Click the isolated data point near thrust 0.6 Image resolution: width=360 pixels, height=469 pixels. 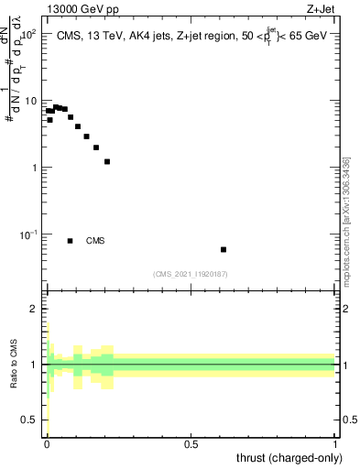(224, 249)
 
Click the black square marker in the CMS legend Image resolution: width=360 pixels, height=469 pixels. (71, 241)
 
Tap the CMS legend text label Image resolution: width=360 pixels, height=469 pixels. (95, 241)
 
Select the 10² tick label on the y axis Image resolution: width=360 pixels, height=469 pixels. (27, 33)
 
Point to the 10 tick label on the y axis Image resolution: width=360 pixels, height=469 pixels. (29, 100)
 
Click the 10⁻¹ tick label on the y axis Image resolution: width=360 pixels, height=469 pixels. (27, 234)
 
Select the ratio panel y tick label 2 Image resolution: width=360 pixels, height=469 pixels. (34, 309)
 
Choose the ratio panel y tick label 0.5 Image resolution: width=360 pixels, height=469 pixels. (29, 420)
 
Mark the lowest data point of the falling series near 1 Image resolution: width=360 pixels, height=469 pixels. (107, 161)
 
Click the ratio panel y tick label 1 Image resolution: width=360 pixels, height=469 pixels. (34, 364)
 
